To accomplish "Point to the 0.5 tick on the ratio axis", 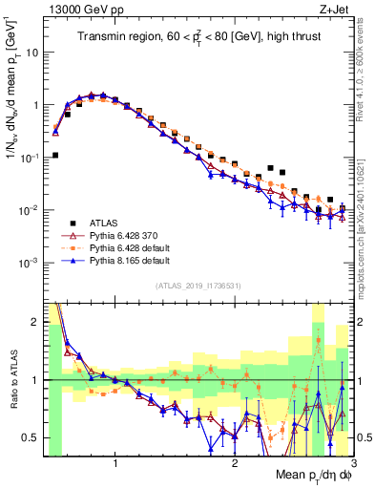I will coord(30,437).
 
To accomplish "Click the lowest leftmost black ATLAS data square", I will coord(55,155).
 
